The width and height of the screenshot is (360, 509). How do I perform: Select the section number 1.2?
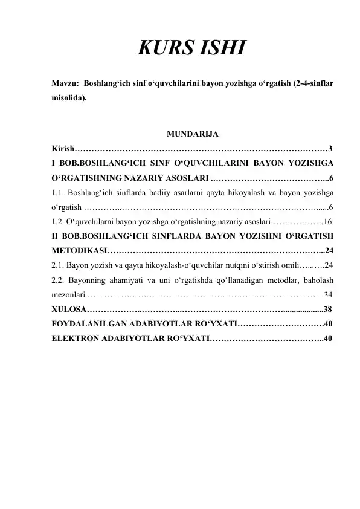click(x=58, y=221)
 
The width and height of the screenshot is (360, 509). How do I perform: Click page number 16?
click(x=329, y=221)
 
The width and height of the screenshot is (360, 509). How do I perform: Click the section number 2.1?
click(x=58, y=265)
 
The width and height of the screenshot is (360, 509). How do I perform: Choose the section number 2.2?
click(x=59, y=280)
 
